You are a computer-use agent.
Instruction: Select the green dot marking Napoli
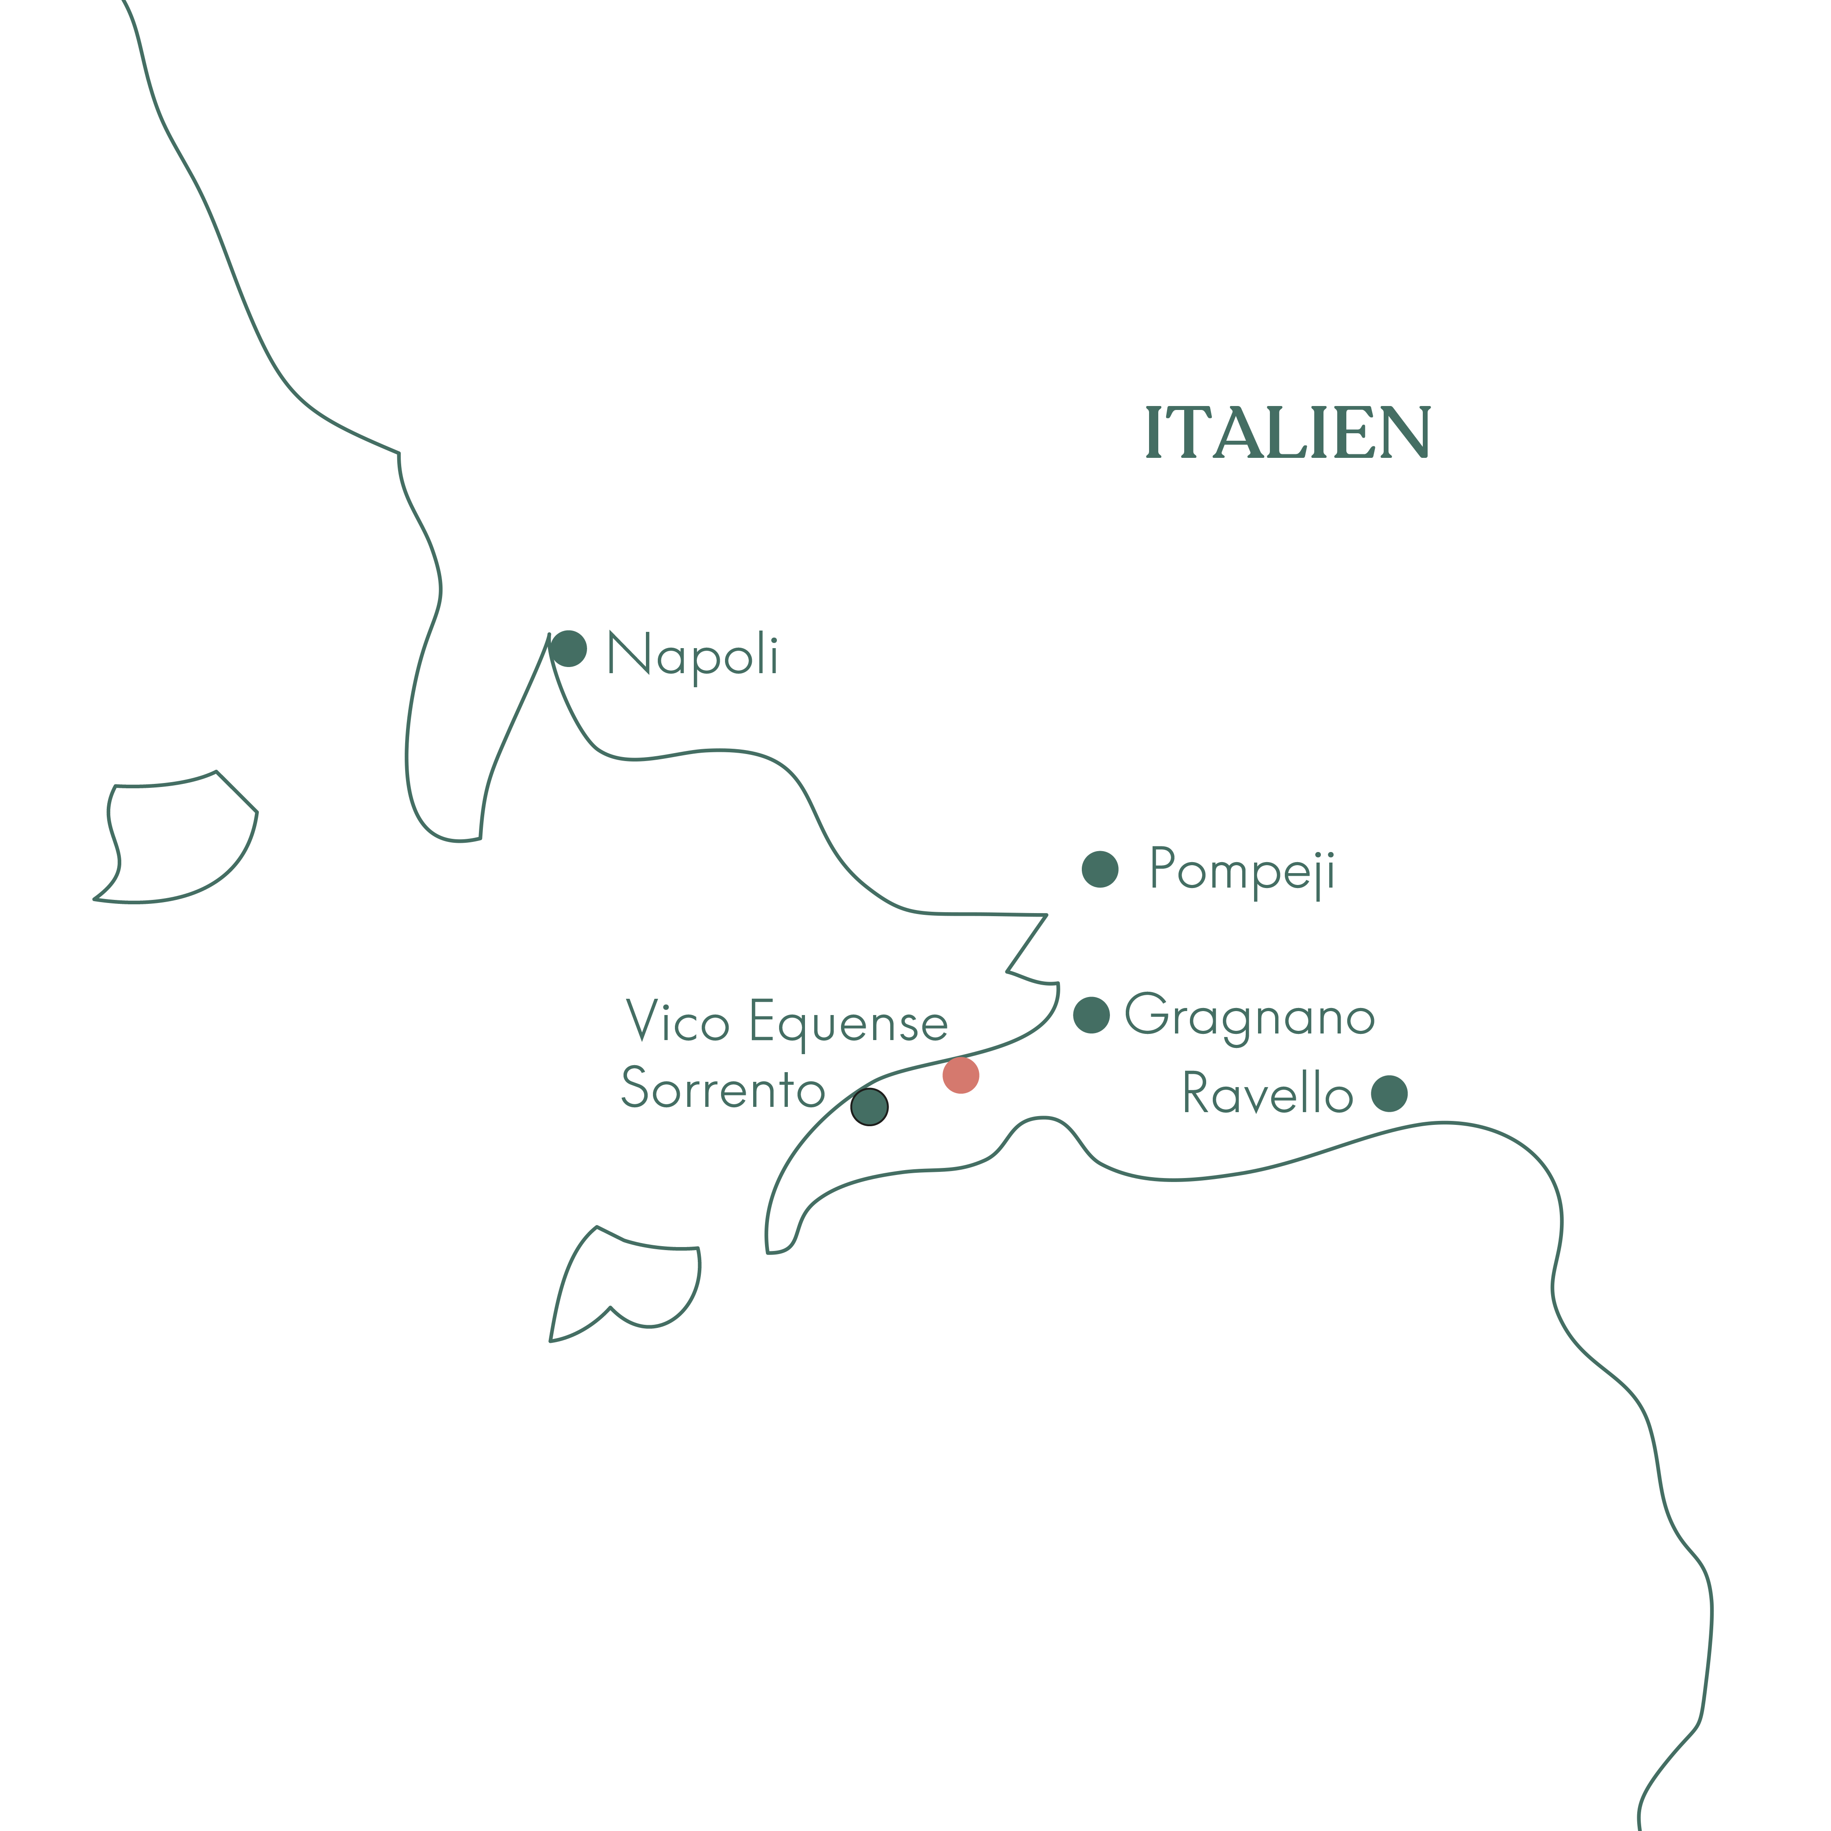click(x=569, y=649)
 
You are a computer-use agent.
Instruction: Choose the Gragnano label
click(x=1249, y=1017)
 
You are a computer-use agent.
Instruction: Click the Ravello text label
click(x=1267, y=1094)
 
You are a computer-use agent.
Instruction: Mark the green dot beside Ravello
click(x=1389, y=1094)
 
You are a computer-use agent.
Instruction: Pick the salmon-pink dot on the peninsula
click(x=961, y=1076)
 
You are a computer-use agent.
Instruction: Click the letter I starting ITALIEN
click(x=1153, y=433)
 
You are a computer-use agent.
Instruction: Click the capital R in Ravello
click(x=1198, y=1094)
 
